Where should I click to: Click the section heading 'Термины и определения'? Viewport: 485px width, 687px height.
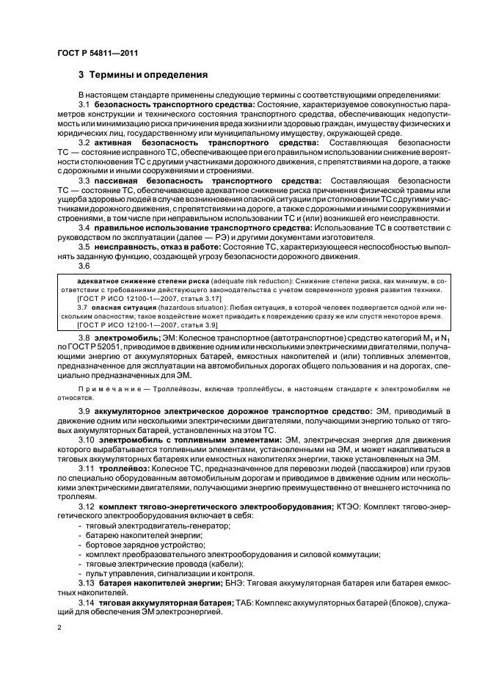(x=149, y=75)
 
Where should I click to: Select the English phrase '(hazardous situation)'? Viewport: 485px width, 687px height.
(x=195, y=308)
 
